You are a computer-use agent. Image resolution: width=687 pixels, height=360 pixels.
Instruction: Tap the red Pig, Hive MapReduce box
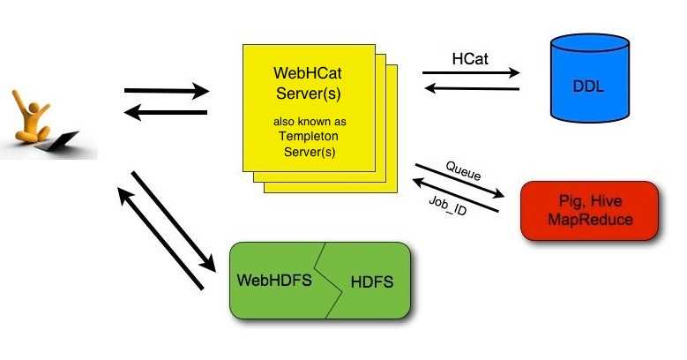589,211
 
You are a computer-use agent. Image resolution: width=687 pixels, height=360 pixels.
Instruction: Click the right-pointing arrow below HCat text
471,73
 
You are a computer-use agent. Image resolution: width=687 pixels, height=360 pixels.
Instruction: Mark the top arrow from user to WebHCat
167,90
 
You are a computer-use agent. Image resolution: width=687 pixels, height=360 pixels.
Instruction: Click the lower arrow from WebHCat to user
167,112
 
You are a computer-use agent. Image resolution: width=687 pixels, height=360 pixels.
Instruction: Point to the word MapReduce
590,220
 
